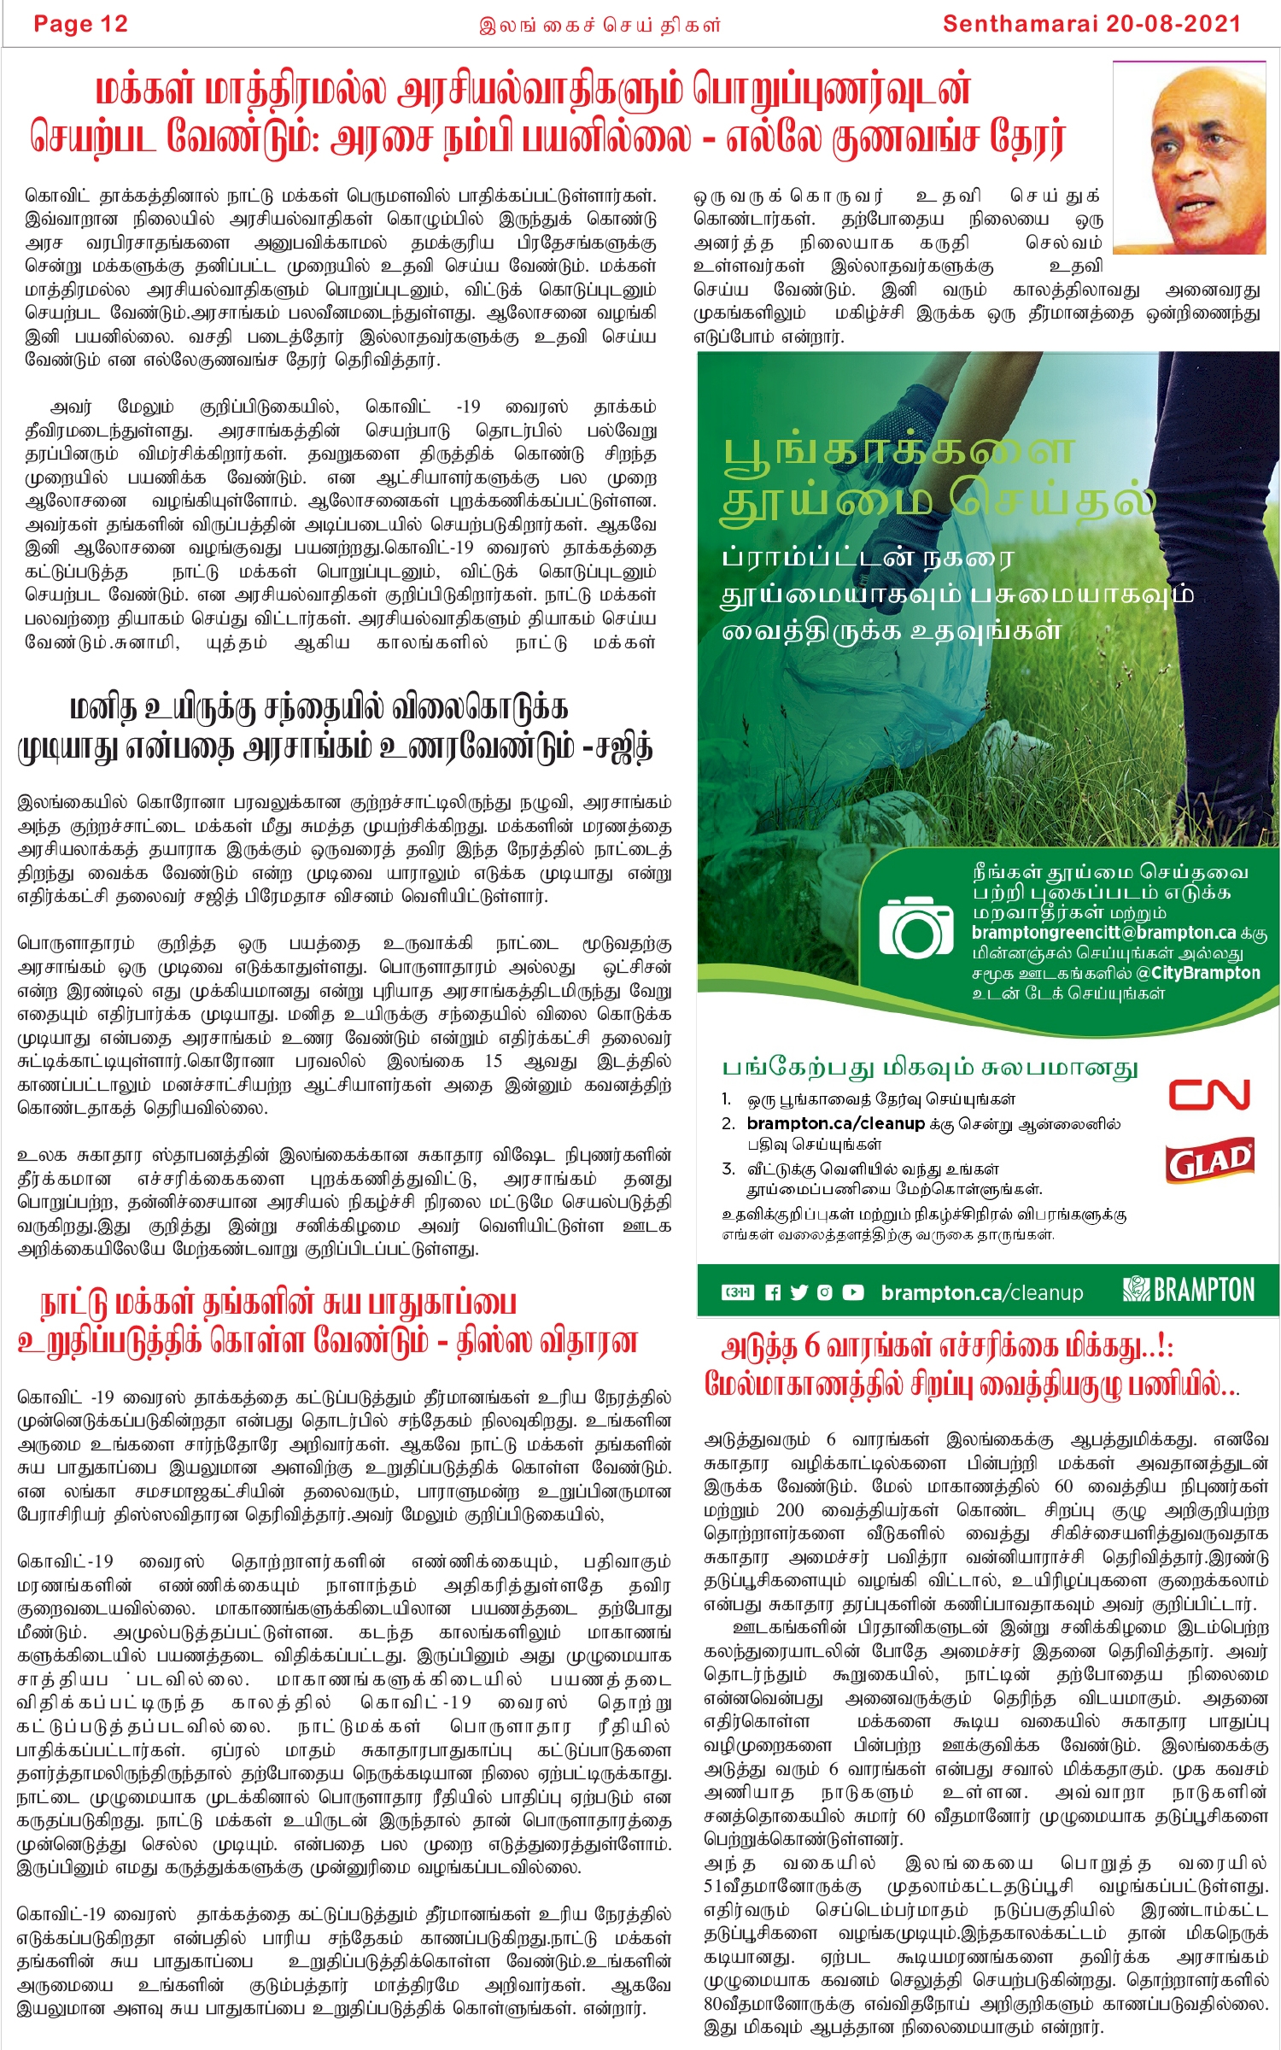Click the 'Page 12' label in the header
[80, 24]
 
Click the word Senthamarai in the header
[1020, 24]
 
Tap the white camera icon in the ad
[915, 927]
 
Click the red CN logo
[1208, 1094]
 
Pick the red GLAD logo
[1209, 1161]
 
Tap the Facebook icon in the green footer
[773, 1292]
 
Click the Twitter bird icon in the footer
[798, 1292]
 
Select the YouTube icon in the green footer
[852, 1292]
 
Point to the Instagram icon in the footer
[824, 1292]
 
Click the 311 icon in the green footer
[737, 1292]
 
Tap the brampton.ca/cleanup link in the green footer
[981, 1293]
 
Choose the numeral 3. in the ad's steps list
[728, 1168]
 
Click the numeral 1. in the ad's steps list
[727, 1099]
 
